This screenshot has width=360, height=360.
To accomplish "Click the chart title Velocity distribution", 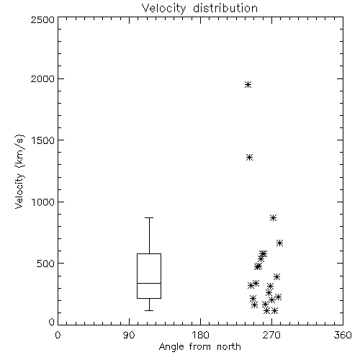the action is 199,9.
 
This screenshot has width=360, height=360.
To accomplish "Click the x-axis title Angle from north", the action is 199,347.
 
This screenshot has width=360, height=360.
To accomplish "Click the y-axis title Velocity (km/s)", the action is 19,171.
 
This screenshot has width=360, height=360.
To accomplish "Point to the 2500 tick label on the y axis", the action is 42,19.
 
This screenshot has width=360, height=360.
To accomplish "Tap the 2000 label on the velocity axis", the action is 42,78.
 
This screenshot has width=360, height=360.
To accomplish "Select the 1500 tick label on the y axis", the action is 43,140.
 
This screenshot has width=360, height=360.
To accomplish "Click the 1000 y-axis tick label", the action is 43,202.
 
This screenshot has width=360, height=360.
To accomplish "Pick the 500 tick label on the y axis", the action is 46,264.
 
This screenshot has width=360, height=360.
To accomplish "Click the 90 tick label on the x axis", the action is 129,335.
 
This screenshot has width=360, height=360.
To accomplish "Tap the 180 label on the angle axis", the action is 200,335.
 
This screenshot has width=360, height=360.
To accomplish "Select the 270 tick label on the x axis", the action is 271,335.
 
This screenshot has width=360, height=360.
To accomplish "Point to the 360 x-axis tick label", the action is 343,335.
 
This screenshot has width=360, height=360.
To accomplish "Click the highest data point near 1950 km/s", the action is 248,85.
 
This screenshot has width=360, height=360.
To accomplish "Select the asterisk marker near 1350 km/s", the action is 250,158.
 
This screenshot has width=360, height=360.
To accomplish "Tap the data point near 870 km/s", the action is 273,218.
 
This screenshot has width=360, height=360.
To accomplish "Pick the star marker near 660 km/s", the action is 279,243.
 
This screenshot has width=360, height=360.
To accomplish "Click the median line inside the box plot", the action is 149,283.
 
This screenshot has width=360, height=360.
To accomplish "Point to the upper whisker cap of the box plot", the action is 149,217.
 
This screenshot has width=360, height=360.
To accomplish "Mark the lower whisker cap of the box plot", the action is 149,310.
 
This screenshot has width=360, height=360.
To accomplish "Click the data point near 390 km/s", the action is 277,277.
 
